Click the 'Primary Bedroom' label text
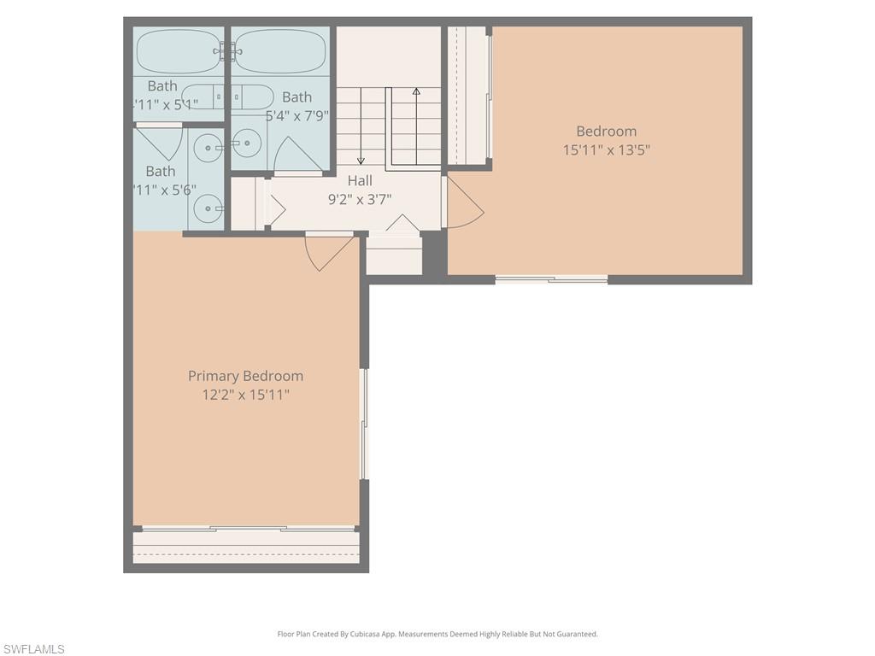click(245, 376)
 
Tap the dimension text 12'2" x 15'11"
click(245, 395)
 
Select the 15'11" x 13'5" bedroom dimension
click(607, 149)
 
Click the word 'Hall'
click(360, 180)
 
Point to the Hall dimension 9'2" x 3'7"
click(360, 199)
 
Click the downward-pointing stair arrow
click(361, 128)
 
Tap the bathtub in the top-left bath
click(179, 51)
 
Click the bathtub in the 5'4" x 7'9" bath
click(282, 51)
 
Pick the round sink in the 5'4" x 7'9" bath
click(246, 143)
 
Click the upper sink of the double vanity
click(208, 148)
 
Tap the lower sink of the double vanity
click(208, 208)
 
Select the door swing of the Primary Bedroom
click(326, 252)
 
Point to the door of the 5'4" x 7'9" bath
click(297, 155)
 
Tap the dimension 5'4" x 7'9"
click(297, 115)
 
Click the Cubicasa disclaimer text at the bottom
click(437, 634)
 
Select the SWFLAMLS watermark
click(32, 649)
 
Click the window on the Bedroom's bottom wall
click(551, 278)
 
